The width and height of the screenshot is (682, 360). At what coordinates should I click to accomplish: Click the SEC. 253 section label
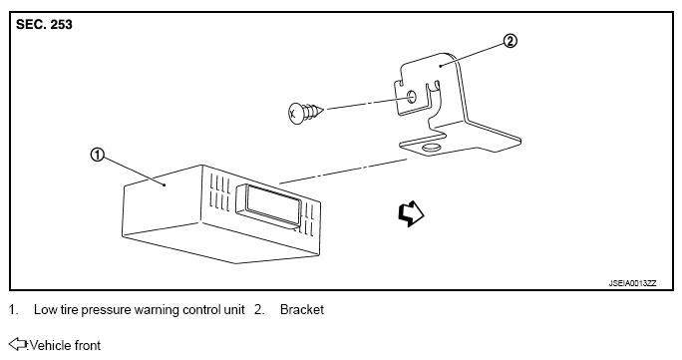click(x=44, y=24)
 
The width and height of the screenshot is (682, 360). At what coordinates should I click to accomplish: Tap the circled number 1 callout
click(x=97, y=155)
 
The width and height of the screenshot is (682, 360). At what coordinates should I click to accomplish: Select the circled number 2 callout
click(x=511, y=41)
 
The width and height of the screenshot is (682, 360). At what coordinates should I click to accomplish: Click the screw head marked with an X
click(x=295, y=114)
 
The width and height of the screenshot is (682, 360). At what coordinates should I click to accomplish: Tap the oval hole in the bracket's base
click(x=431, y=149)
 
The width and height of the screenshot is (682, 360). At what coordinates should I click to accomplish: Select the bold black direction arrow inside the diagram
click(x=411, y=213)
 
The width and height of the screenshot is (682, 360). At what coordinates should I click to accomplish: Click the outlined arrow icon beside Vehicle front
click(x=18, y=344)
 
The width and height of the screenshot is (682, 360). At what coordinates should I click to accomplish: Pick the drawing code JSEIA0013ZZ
click(x=632, y=283)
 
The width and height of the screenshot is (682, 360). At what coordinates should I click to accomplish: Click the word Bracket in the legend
click(x=302, y=309)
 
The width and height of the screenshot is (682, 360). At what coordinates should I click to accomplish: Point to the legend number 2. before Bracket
click(x=259, y=309)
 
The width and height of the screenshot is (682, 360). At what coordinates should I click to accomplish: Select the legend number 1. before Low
click(x=14, y=309)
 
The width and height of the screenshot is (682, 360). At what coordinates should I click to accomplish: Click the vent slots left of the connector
click(x=219, y=193)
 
